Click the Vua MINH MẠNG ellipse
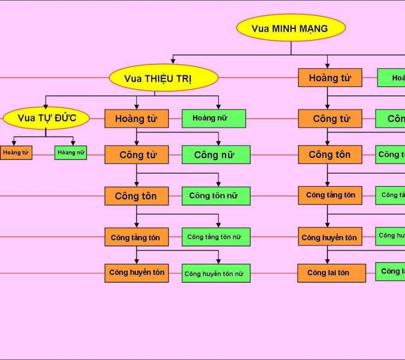(291, 28)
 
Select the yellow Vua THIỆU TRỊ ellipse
(163, 78)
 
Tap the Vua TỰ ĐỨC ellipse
(47, 118)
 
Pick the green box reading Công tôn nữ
(216, 196)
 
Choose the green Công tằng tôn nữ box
(216, 237)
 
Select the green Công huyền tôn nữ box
(216, 273)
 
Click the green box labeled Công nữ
(216, 155)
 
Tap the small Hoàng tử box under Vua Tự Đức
(16, 152)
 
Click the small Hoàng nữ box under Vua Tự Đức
(71, 152)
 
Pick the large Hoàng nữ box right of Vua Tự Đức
(214, 118)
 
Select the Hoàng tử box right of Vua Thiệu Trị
(330, 78)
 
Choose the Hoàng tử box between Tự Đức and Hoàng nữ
(136, 118)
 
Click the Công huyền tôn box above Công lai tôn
(330, 238)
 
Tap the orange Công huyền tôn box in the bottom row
(136, 272)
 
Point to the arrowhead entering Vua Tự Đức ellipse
(46, 107)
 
